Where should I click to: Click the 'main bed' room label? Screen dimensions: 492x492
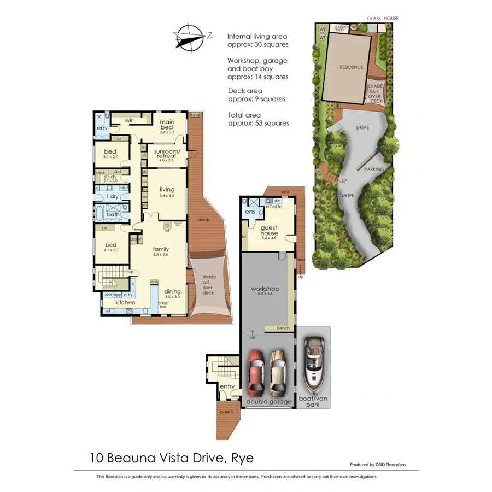(167, 125)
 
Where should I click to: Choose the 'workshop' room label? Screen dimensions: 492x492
(265, 289)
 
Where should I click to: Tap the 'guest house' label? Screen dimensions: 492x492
(269, 231)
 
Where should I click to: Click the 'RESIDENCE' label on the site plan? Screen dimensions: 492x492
(351, 67)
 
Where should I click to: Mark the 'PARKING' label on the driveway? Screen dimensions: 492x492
(374, 169)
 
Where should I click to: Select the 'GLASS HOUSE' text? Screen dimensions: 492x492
(383, 19)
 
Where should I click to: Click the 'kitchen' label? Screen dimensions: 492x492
(125, 302)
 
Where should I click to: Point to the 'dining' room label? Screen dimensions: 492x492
(172, 291)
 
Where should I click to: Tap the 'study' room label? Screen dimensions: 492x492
(110, 177)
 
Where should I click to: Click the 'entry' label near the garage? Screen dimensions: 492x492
(227, 386)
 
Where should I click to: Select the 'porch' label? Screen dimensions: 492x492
(226, 412)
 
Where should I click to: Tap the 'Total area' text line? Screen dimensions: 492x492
(244, 115)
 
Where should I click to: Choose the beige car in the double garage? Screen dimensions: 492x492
(278, 373)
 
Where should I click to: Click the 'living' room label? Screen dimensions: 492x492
(167, 189)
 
